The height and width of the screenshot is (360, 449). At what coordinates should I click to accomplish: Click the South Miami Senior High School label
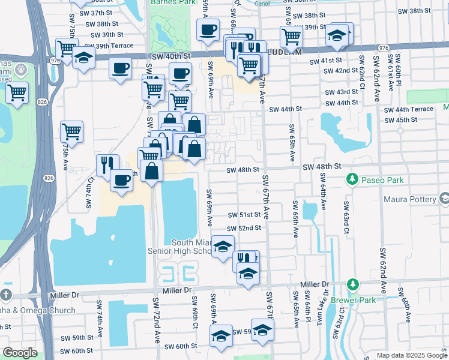coord(180,246)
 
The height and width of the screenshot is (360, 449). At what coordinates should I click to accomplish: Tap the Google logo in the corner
coord(20,353)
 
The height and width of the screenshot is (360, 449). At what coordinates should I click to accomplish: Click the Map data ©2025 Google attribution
coord(411,355)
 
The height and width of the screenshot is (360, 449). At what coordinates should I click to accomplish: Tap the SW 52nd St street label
coord(244,228)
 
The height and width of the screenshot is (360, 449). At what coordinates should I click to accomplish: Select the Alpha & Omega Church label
coord(37,310)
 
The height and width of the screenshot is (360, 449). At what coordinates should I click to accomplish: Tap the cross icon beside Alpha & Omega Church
coord(5,295)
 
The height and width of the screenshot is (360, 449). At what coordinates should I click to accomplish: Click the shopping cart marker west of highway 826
coord(17,92)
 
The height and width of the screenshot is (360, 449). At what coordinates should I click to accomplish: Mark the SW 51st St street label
coord(244,215)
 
